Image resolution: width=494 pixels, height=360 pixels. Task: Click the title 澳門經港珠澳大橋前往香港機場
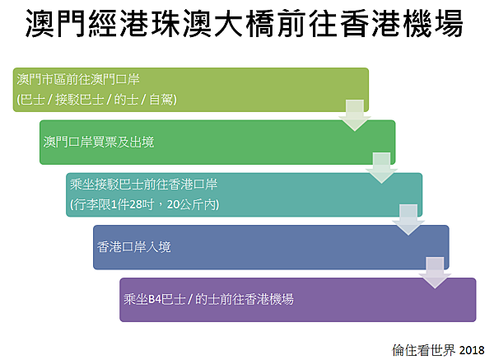(x=245, y=24)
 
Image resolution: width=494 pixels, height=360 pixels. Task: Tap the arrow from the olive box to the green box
(x=355, y=115)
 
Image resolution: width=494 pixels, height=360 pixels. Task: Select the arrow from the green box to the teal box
(x=381, y=168)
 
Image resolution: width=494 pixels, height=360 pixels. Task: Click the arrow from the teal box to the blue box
(x=408, y=220)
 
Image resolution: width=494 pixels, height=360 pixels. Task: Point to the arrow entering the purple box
(x=435, y=273)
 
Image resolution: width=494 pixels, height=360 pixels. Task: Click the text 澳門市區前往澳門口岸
(x=78, y=79)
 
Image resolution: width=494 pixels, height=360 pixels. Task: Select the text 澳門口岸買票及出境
(x=99, y=143)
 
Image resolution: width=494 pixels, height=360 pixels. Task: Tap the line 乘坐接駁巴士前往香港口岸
(x=143, y=185)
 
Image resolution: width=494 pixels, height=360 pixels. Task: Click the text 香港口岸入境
(x=134, y=247)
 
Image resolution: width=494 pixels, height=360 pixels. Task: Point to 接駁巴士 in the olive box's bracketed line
(x=79, y=100)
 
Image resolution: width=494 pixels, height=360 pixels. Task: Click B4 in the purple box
(x=155, y=299)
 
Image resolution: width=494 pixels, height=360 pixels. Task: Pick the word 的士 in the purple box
(x=207, y=299)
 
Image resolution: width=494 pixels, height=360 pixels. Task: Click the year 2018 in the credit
(x=472, y=350)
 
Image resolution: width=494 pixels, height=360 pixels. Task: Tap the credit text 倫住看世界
(x=424, y=350)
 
